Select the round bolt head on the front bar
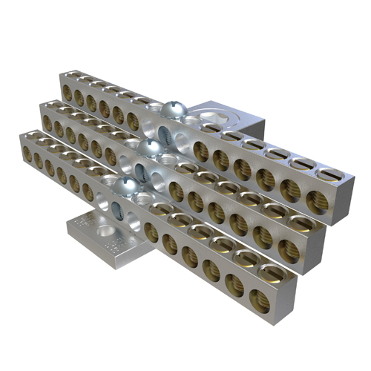[127, 185]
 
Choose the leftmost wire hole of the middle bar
[47, 122]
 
